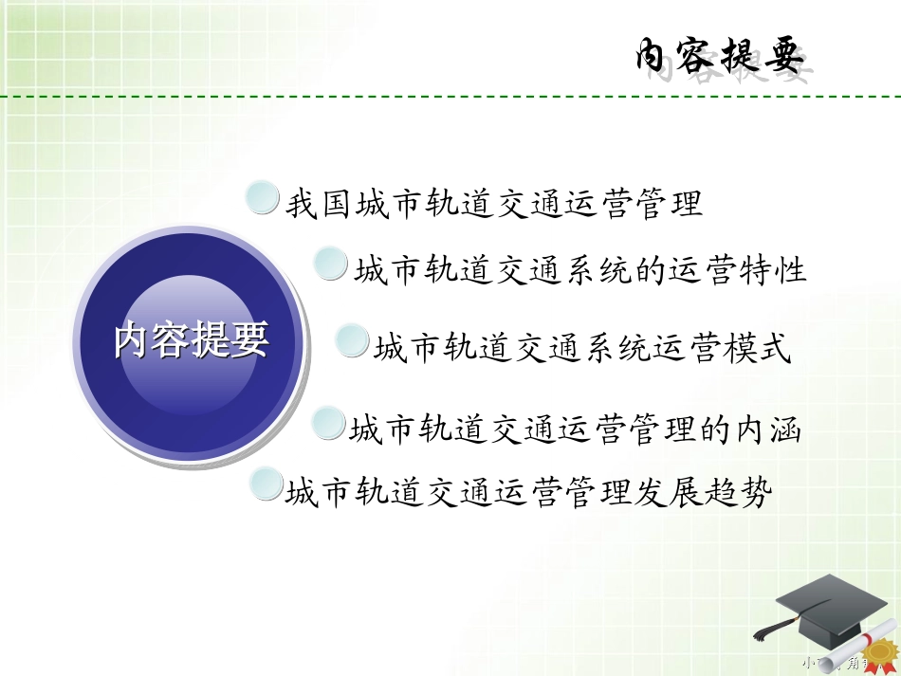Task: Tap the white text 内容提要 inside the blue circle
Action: click(x=192, y=339)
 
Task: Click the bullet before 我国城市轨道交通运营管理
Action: click(x=262, y=199)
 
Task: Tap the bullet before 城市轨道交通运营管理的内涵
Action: click(x=328, y=423)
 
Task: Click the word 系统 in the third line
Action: click(x=616, y=348)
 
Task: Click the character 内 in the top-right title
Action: click(x=656, y=57)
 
